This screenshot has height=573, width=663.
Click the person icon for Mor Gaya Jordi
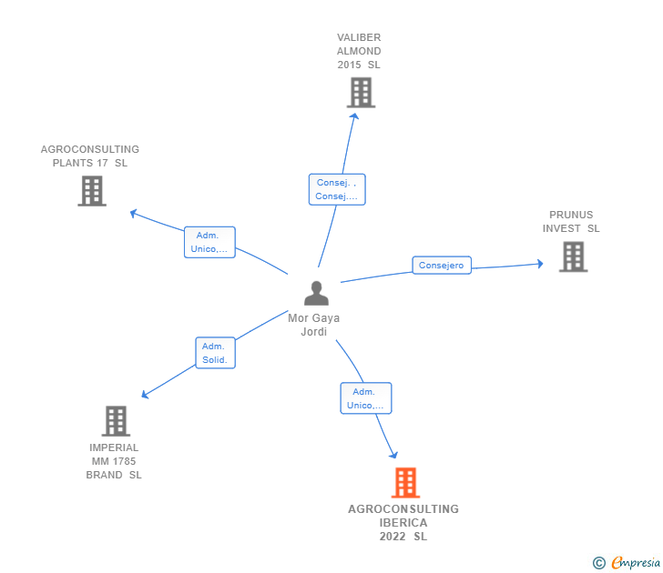point(316,293)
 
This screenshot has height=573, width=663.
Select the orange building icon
point(405,483)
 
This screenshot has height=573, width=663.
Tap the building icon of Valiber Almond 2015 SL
point(361,93)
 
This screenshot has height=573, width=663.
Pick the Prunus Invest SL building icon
point(574,256)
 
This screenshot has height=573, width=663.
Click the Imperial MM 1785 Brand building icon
point(116,421)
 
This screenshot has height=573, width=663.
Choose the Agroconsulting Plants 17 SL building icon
point(92,191)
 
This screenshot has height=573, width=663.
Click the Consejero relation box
point(442,266)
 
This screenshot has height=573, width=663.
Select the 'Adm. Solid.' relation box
point(215,353)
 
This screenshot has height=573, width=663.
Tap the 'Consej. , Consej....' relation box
point(337,189)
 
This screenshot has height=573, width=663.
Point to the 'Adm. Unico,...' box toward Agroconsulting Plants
point(209,242)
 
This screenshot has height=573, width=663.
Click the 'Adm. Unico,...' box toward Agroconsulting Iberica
point(366,398)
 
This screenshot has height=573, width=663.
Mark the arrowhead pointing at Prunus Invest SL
point(540,264)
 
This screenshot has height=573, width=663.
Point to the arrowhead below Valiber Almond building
point(354,116)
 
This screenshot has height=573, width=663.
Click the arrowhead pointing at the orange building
point(394,455)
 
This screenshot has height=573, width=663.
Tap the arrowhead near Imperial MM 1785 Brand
point(145,395)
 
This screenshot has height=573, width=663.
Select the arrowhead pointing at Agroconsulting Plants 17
point(133,213)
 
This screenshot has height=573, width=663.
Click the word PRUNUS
point(571,215)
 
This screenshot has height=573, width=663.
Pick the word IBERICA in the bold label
point(403,523)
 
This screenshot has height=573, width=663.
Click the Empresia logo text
point(636,562)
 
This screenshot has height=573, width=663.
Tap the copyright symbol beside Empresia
point(598,563)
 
